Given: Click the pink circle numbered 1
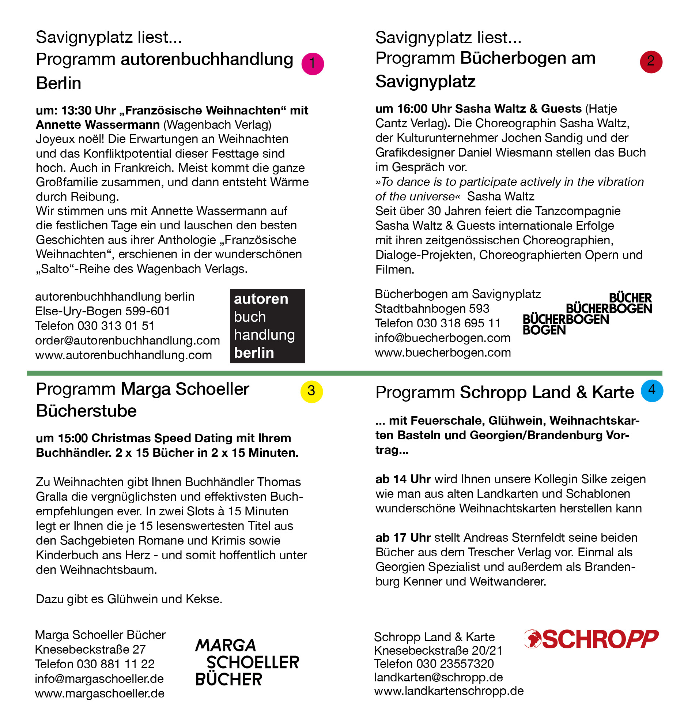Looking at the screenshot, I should coord(313,64).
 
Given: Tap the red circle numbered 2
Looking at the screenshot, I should coord(651,62).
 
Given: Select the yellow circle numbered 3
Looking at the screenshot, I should coord(311,391).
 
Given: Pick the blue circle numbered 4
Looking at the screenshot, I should coord(652,391).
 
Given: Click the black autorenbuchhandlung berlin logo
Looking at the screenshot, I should coord(268,326).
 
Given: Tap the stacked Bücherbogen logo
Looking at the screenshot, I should coord(587,314).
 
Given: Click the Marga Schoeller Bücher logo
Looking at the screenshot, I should coord(247,662).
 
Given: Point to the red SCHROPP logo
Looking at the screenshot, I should coord(591,639).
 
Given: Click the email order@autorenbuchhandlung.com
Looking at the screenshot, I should coord(128,341).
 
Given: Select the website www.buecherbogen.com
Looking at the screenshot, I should coord(443,353).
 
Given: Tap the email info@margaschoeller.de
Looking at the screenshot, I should coord(99,679).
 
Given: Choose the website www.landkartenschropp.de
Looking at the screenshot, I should coord(449,691).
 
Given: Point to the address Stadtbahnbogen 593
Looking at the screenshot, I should coord(432,309).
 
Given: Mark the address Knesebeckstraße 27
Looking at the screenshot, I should coord(90,650).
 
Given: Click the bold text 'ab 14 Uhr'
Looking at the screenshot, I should coord(403,479).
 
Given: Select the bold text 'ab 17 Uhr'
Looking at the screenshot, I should coord(403,538).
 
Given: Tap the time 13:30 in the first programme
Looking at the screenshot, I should coord(76,110).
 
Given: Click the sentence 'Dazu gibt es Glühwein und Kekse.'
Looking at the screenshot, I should coord(129,599).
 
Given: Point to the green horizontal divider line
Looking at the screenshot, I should coord(344,373).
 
